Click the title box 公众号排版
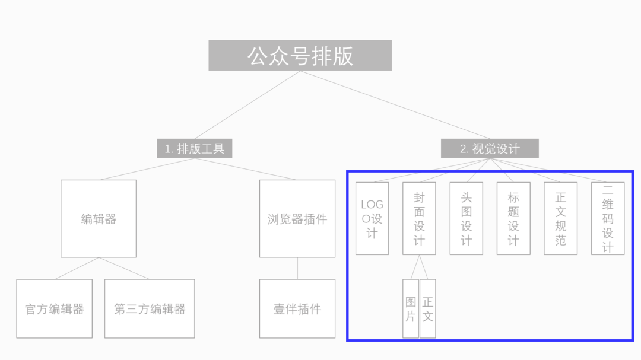click(x=300, y=55)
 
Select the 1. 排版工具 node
click(x=194, y=148)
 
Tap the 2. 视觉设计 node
click(x=489, y=148)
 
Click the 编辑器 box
click(x=99, y=218)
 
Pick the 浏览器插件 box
click(x=297, y=218)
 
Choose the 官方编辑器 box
click(x=54, y=308)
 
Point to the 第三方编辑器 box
click(x=150, y=308)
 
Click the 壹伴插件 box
click(x=297, y=308)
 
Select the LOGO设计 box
click(x=372, y=218)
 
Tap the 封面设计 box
click(x=419, y=218)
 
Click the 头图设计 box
click(x=466, y=218)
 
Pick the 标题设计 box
click(x=513, y=218)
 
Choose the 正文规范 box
click(x=560, y=218)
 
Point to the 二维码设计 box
click(x=608, y=218)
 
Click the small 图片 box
click(x=411, y=308)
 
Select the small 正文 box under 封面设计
click(x=427, y=308)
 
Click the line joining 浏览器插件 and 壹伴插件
click(x=297, y=268)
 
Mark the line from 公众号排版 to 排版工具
click(x=247, y=104)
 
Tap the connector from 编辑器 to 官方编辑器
click(x=77, y=268)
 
